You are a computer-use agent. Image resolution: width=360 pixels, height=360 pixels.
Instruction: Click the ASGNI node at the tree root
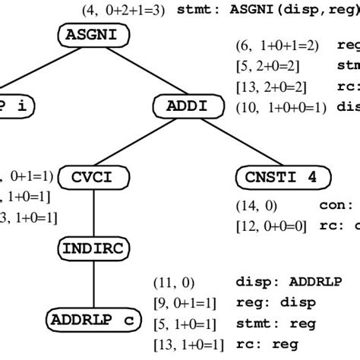(92, 34)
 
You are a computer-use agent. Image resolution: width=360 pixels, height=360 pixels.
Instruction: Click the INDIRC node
(92, 248)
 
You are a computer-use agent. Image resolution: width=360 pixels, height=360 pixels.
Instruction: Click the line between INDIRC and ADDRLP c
(92, 283)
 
